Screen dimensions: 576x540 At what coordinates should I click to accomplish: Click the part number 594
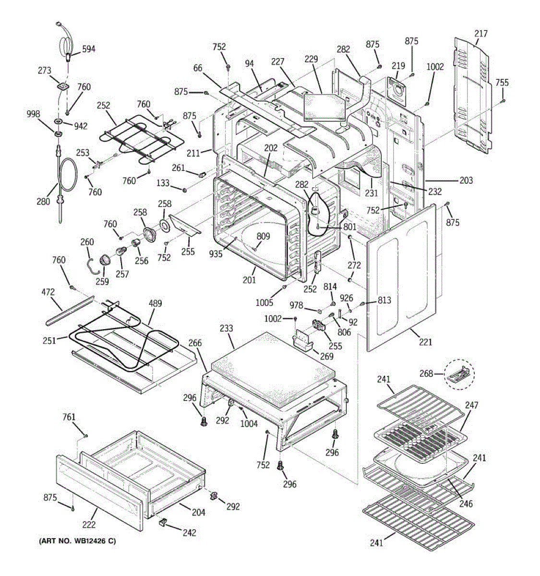pos(88,48)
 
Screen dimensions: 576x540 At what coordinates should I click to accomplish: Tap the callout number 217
pos(480,34)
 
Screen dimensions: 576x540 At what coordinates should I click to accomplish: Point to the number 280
pos(44,202)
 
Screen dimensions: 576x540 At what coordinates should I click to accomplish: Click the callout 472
pos(48,292)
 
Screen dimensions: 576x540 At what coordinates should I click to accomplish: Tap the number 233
pos(226,328)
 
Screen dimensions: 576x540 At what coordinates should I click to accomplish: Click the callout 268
pos(426,373)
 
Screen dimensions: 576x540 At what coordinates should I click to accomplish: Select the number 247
pos(471,406)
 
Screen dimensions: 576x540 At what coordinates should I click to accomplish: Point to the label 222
pos(89,525)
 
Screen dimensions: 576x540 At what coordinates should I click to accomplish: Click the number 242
pos(189,532)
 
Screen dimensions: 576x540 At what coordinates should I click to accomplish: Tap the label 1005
pos(264,302)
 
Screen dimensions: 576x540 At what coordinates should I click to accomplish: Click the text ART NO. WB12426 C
pos(77,541)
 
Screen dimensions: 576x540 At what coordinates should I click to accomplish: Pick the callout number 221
pos(425,342)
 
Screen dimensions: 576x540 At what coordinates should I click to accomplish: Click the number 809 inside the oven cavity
pos(263,236)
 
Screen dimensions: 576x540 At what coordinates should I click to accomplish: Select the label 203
pos(466,180)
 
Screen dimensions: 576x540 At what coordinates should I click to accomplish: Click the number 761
pos(69,418)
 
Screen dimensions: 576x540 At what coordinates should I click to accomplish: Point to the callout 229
pos(311,59)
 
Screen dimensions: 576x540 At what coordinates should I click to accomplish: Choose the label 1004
pos(249,423)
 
